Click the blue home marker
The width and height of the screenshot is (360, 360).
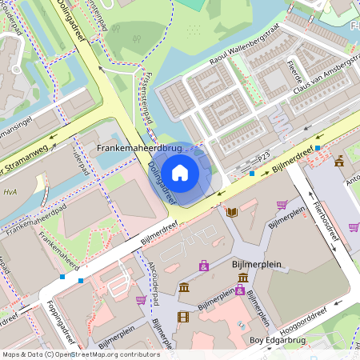(180, 172)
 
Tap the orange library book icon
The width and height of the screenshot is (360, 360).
(232, 212)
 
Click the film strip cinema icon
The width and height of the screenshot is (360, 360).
(184, 317)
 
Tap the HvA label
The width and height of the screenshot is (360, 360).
(10, 191)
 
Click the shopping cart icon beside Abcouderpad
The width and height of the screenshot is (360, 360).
(141, 300)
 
